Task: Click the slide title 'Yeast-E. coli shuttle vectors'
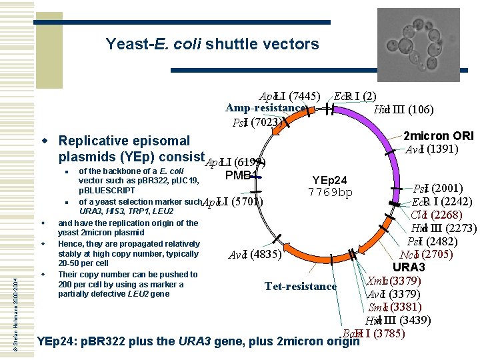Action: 212,45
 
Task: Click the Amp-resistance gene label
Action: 265,108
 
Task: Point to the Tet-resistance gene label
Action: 301,287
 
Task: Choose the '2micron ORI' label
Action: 439,135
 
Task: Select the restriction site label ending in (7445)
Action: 290,95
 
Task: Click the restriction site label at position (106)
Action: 404,110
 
